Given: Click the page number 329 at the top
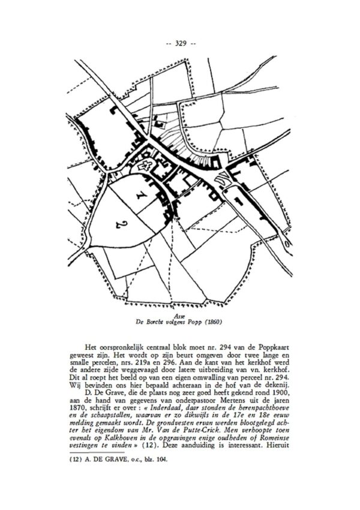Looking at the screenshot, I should coord(180,43).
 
